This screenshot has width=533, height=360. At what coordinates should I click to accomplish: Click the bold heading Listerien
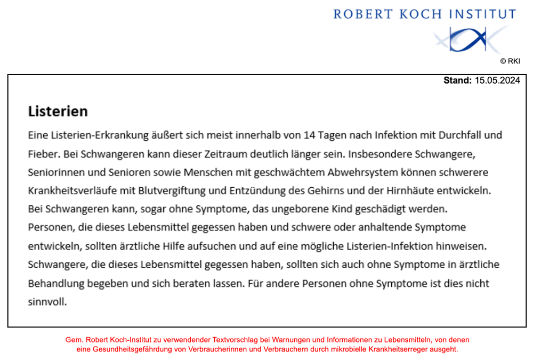point(58,111)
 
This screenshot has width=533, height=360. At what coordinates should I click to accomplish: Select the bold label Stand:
point(457,81)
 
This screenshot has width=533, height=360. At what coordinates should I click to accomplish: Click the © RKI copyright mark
point(510,61)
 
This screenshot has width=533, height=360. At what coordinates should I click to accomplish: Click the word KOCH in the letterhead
point(422,14)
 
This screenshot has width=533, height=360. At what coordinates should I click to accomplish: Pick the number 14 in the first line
point(309,135)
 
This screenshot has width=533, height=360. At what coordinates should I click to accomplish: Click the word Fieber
point(43,155)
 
